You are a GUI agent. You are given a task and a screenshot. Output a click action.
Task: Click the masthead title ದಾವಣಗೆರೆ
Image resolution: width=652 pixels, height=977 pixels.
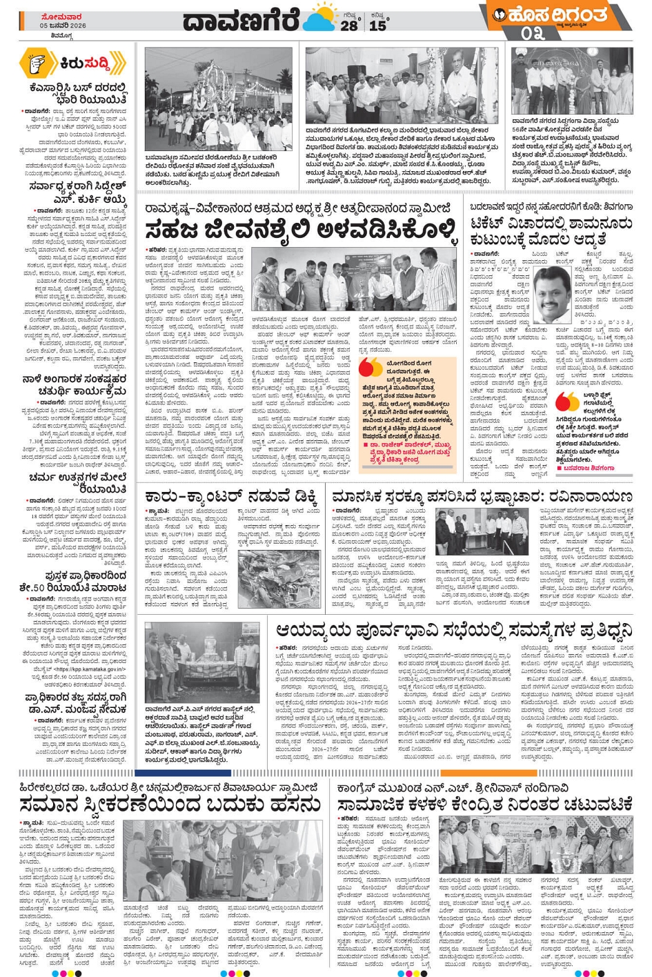click(x=241, y=21)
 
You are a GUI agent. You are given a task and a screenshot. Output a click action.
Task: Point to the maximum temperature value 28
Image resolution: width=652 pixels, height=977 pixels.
click(x=349, y=26)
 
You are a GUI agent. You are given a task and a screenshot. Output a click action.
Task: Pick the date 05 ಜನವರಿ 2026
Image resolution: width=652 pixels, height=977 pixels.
click(x=63, y=26)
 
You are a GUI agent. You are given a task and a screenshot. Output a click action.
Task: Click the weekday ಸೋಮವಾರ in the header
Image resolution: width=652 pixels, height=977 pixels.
click(x=62, y=17)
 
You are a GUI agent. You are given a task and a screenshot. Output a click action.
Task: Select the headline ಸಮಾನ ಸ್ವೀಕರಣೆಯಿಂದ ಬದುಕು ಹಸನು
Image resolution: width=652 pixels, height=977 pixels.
click(x=170, y=805)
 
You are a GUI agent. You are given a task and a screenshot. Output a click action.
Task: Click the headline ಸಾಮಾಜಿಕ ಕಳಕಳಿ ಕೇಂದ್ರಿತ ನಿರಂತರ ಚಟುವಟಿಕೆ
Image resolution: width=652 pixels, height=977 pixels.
click(x=484, y=805)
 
